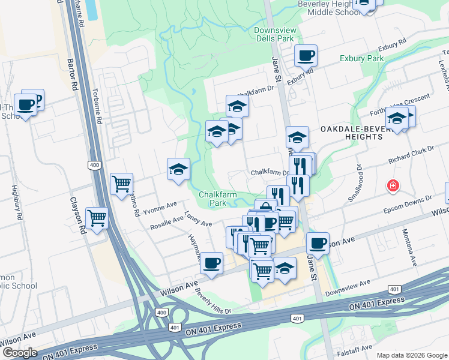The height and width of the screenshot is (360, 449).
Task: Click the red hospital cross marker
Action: click(393, 186)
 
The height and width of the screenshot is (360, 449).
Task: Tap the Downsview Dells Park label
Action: click(273, 34)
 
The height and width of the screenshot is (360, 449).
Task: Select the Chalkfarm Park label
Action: click(215, 199)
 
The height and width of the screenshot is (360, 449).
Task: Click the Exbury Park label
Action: click(361, 59)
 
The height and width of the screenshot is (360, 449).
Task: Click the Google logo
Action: click(20, 353)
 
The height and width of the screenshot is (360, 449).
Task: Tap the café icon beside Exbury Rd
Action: click(306, 56)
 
